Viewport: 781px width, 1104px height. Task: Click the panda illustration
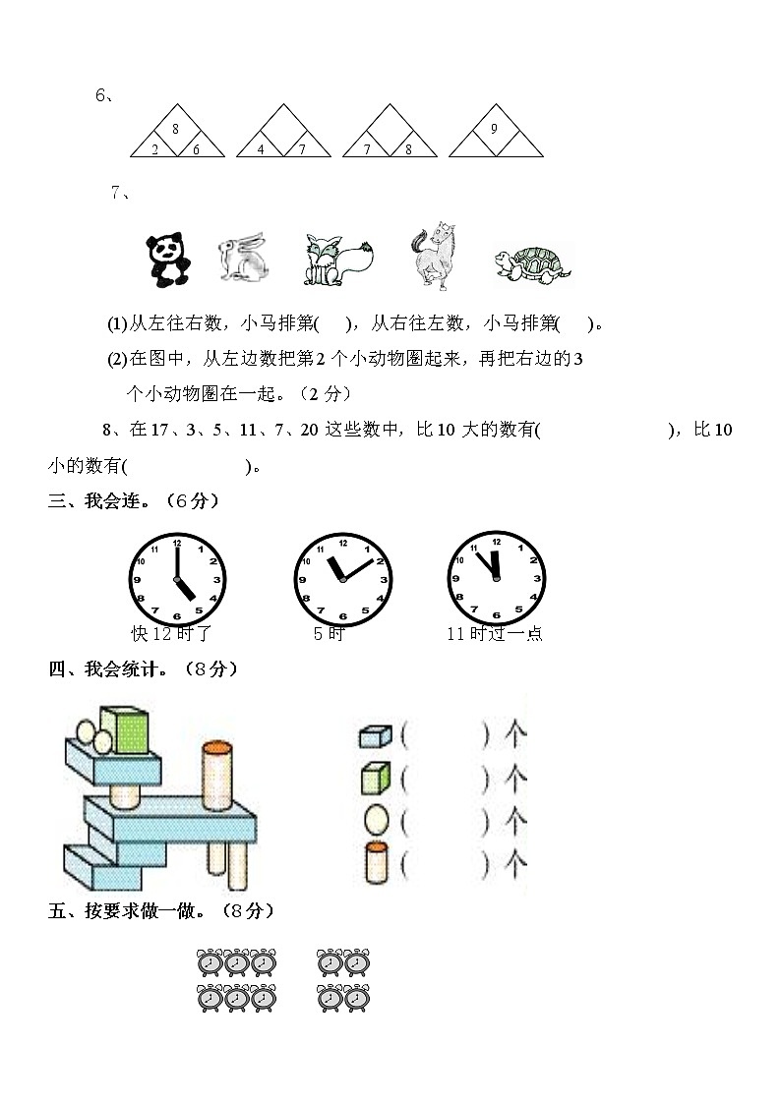(168, 260)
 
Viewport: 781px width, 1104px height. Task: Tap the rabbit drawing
(243, 257)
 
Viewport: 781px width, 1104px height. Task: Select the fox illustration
(338, 260)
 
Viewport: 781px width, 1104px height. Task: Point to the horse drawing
(434, 256)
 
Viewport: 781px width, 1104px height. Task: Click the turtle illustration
(532, 264)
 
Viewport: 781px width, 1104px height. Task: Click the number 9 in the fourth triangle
(494, 129)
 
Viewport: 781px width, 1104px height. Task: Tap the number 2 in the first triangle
(155, 149)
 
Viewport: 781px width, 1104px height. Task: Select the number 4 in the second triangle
(261, 149)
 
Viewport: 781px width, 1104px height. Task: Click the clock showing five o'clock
(177, 579)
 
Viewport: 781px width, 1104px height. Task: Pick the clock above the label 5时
(343, 579)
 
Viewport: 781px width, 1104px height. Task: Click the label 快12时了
(171, 634)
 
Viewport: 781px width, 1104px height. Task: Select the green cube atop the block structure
(125, 730)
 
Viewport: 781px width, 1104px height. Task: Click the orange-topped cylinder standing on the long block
(217, 776)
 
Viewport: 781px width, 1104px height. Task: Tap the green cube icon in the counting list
(376, 778)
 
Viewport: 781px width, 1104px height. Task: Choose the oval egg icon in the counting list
(376, 820)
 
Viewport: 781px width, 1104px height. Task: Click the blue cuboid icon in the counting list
(376, 735)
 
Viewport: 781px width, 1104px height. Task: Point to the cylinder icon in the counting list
(376, 862)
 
